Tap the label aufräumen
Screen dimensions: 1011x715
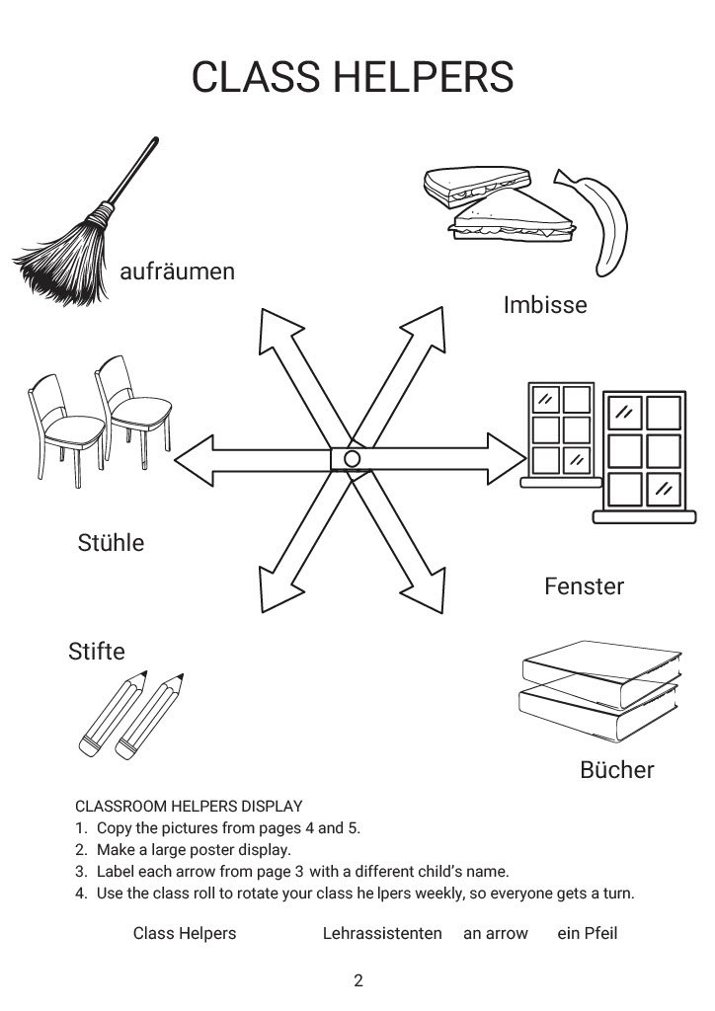tap(178, 272)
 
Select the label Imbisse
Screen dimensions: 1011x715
tap(544, 304)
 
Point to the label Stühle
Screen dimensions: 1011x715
tap(111, 542)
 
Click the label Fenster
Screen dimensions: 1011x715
tap(584, 586)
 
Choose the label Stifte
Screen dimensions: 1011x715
tap(97, 651)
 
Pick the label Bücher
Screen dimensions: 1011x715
tap(616, 769)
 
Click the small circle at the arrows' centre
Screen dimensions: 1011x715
tap(352, 459)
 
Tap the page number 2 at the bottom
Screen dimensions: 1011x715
tap(358, 980)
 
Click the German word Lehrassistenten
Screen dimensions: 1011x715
tap(382, 933)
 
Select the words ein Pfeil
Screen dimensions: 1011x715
tap(587, 933)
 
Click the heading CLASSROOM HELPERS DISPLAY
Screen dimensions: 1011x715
tap(189, 806)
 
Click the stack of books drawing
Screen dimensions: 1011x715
tap(600, 695)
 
